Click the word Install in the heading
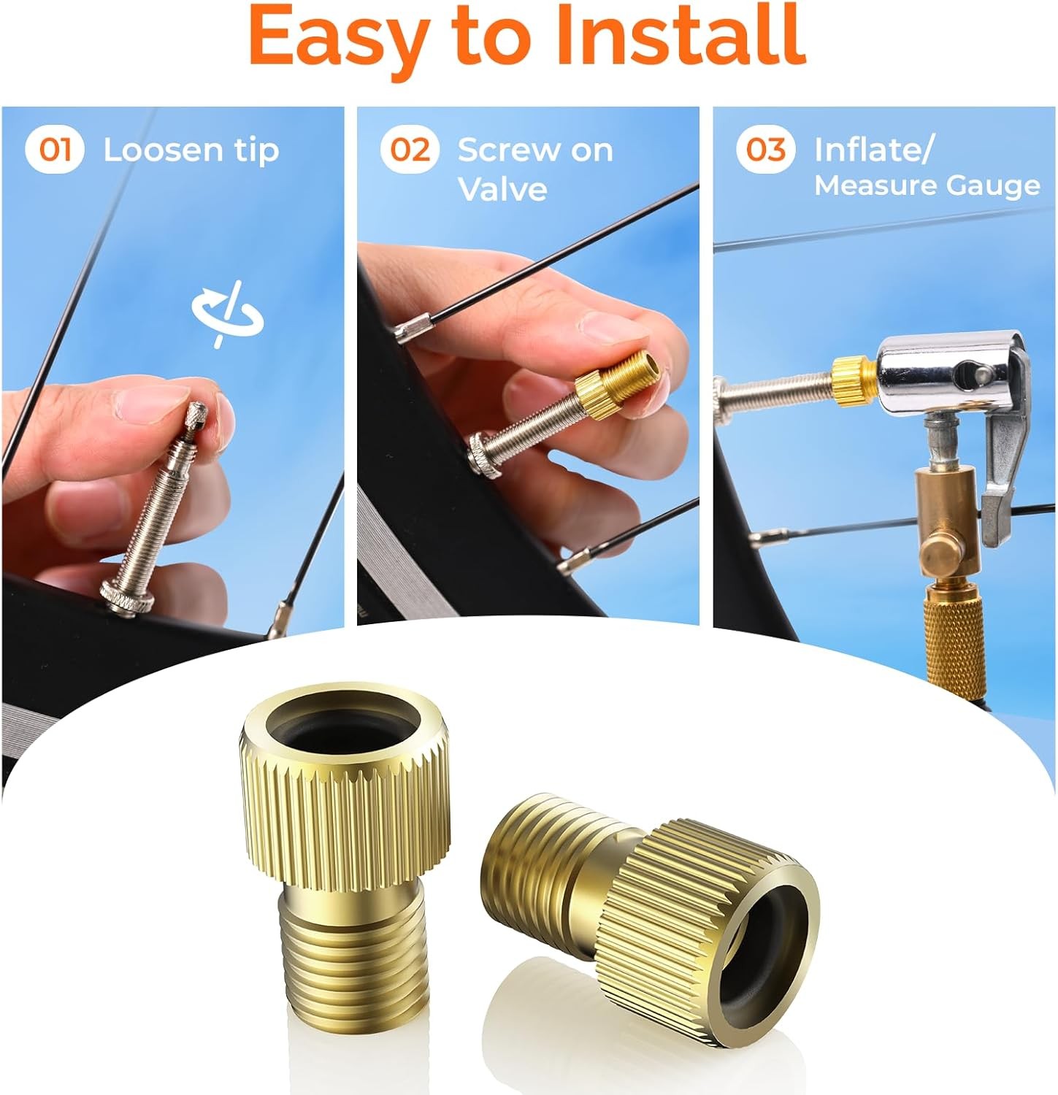click(x=680, y=34)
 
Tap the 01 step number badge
click(x=55, y=150)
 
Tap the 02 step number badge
click(x=410, y=150)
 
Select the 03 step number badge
click(x=765, y=150)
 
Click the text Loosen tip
click(x=191, y=150)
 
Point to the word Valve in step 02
click(x=503, y=189)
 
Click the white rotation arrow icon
click(x=228, y=314)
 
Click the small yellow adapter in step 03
click(x=854, y=380)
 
